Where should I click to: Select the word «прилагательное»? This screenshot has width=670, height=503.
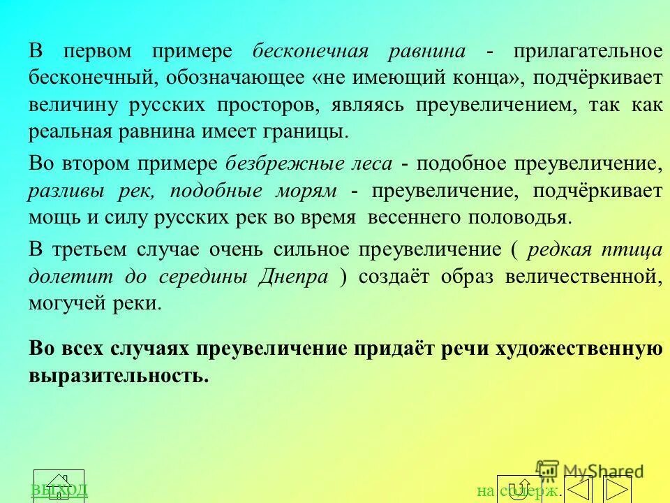pyautogui.click(x=588, y=52)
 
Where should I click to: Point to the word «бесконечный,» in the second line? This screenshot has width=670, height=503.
pyautogui.click(x=94, y=78)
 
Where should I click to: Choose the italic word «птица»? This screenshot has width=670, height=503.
pyautogui.click(x=636, y=250)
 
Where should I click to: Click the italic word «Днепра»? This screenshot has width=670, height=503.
pyautogui.click(x=293, y=277)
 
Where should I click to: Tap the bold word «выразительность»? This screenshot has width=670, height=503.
pyautogui.click(x=118, y=375)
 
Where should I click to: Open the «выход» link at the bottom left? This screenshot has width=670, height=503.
pyautogui.click(x=59, y=488)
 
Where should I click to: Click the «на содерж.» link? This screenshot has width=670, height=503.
pyautogui.click(x=519, y=491)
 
